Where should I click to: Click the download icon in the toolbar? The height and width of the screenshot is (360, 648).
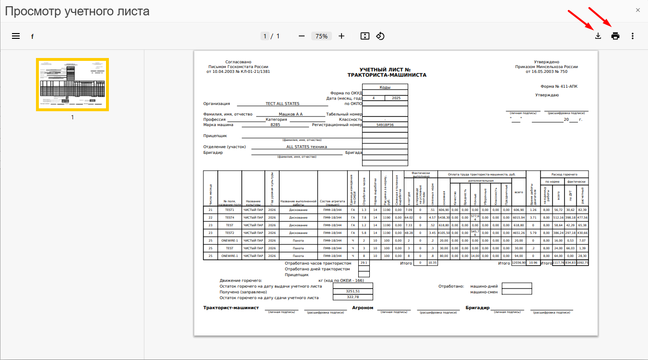pyautogui.click(x=598, y=36)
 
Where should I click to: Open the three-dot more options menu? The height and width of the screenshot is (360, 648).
pyautogui.click(x=633, y=36)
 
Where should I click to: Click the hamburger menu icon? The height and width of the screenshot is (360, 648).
pyautogui.click(x=16, y=36)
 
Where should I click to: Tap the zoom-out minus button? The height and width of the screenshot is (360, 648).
pyautogui.click(x=302, y=36)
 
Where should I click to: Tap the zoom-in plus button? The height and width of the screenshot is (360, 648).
pyautogui.click(x=342, y=36)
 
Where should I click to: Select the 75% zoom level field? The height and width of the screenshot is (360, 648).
pyautogui.click(x=321, y=36)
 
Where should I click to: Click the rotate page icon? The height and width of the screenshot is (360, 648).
pyautogui.click(x=380, y=36)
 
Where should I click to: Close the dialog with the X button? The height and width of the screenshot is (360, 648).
pyautogui.click(x=637, y=10)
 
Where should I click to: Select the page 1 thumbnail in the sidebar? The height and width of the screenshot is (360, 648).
pyautogui.click(x=72, y=84)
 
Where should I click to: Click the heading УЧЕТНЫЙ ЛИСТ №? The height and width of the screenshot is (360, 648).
pyautogui.click(x=387, y=70)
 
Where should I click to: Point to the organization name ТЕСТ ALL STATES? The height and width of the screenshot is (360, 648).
pyautogui.click(x=283, y=104)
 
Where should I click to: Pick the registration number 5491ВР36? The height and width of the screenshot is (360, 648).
pyautogui.click(x=385, y=125)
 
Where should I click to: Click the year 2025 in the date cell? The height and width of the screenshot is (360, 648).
pyautogui.click(x=396, y=98)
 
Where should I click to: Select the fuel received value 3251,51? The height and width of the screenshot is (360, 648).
pyautogui.click(x=353, y=291)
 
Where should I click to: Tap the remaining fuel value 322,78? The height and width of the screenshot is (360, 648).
pyautogui.click(x=353, y=297)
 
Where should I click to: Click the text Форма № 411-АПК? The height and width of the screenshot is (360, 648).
pyautogui.click(x=559, y=87)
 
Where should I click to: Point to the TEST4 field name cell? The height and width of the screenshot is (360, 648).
pyautogui.click(x=229, y=218)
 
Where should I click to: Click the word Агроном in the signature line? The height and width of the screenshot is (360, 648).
pyautogui.click(x=363, y=308)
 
